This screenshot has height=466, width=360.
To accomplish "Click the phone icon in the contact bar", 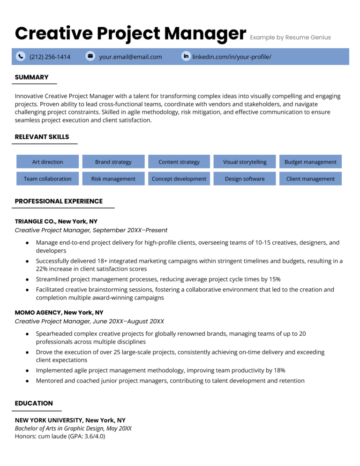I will [x=21, y=56].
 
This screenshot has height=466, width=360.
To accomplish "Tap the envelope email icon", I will [x=90, y=56].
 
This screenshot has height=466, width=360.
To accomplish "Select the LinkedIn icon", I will [x=186, y=56].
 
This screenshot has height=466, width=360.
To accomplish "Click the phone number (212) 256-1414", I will [x=50, y=57].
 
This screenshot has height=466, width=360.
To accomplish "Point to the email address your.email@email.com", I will [x=130, y=57].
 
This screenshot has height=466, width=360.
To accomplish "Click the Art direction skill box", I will [x=47, y=162].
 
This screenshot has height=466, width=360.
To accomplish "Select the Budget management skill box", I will [x=310, y=162].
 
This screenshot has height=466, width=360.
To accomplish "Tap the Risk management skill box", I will [x=113, y=179].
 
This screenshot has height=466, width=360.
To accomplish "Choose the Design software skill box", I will [x=245, y=179].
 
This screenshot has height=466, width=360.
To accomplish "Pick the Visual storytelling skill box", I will [x=245, y=162].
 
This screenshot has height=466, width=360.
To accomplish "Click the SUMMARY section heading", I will [x=32, y=77].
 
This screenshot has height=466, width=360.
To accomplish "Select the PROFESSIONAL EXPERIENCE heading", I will [x=59, y=201].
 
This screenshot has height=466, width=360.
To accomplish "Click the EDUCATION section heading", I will [x=34, y=403].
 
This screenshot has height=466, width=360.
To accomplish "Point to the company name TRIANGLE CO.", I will [x=35, y=221].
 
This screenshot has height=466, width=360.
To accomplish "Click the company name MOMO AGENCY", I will [x=38, y=312].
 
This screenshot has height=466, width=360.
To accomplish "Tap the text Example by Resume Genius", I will [x=290, y=38].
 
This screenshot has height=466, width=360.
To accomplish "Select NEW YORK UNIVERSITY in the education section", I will [x=49, y=420].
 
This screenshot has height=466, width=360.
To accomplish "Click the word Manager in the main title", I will [x=205, y=34].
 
